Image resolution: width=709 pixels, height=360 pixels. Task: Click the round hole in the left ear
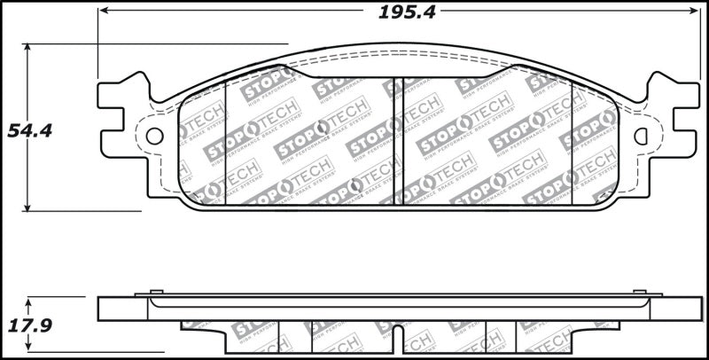tap(153, 137)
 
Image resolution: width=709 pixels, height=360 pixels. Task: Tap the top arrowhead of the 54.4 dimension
tap(29, 50)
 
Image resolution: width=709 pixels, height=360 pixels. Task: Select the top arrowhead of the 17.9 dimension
tap(29, 302)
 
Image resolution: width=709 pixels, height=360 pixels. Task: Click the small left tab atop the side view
tap(156, 292)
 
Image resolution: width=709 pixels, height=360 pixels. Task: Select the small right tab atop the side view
tap(639, 292)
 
